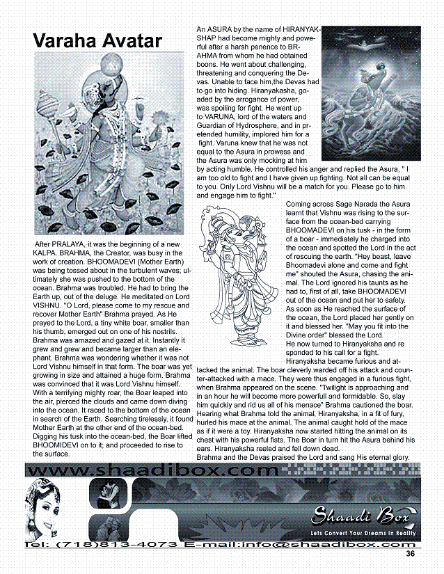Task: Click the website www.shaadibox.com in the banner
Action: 153,471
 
